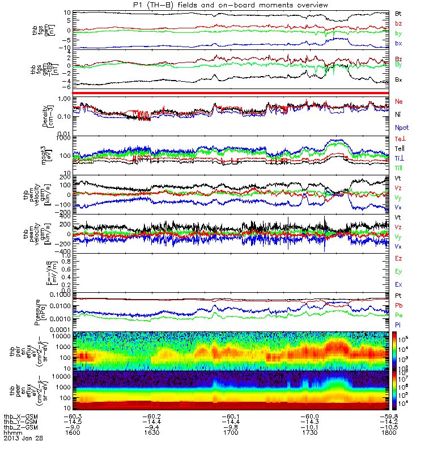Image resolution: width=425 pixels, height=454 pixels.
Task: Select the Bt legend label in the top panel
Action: (x=399, y=12)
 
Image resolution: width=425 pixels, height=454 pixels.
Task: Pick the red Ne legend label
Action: (x=399, y=101)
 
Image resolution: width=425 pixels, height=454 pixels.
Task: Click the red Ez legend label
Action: (x=399, y=258)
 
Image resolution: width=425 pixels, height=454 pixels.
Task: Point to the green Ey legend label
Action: (x=399, y=271)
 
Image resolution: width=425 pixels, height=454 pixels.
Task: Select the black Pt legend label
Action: (x=399, y=296)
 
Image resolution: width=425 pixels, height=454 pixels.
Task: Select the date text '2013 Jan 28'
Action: (x=23, y=438)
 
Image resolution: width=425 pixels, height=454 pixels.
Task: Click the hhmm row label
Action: (x=12, y=432)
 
